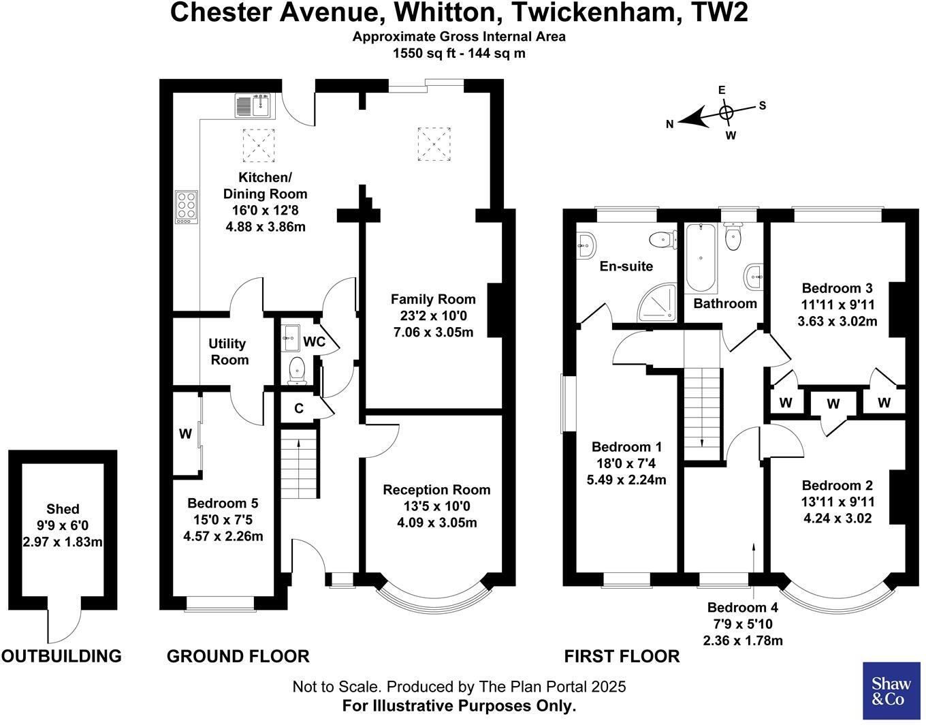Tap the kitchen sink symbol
click(255, 106)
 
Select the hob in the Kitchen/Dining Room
click(187, 207)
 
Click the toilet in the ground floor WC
click(297, 371)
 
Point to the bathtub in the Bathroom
click(701, 258)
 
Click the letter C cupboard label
click(299, 408)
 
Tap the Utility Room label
click(229, 352)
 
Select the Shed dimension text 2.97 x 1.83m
click(63, 542)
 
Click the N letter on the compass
click(670, 124)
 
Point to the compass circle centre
click(726, 112)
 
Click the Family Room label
click(434, 299)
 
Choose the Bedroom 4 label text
click(743, 607)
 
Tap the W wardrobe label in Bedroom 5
click(185, 434)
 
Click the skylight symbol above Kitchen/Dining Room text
click(259, 145)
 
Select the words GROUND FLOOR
click(238, 656)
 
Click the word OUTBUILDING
click(62, 656)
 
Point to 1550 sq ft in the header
click(426, 53)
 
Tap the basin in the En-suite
click(586, 246)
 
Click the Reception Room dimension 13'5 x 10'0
click(437, 506)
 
